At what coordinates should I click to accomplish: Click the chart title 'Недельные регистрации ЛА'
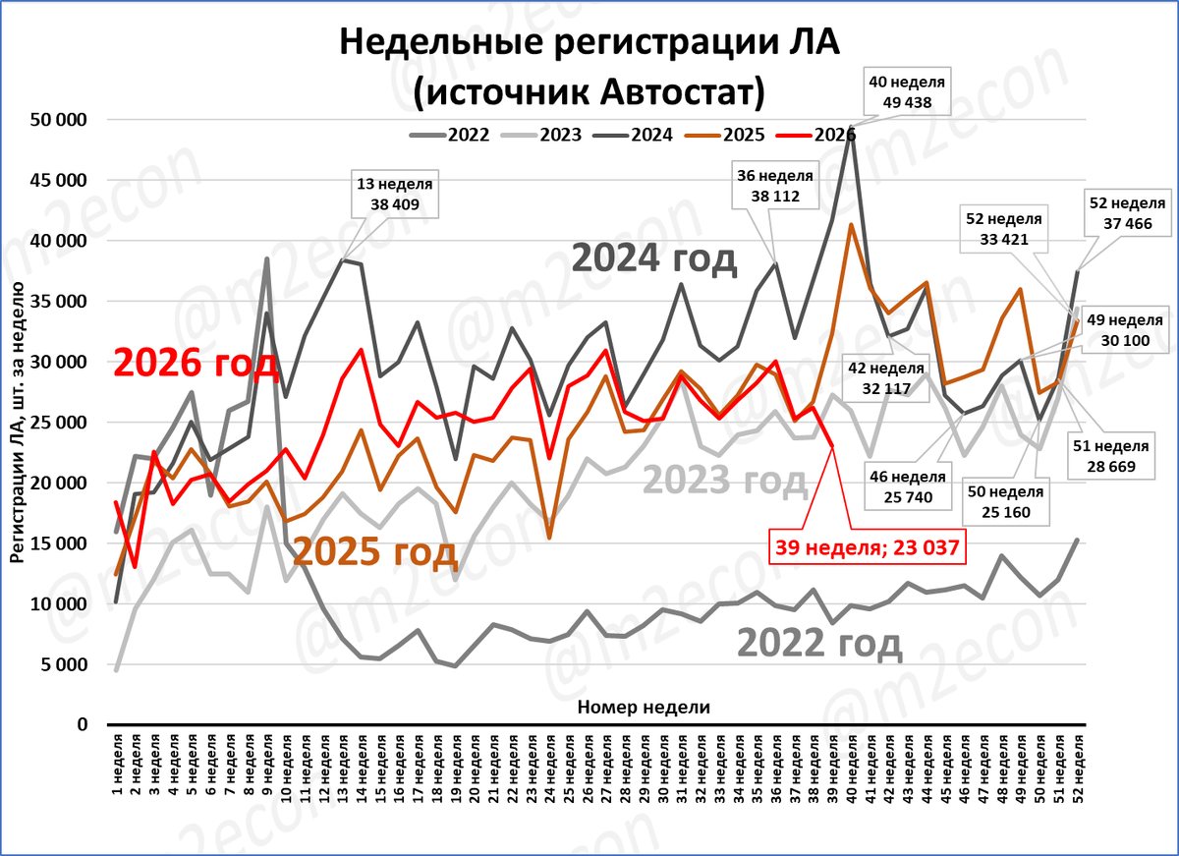pyautogui.click(x=589, y=42)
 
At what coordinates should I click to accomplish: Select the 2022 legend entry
pyautogui.click(x=449, y=136)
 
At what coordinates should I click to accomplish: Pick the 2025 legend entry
pyautogui.click(x=724, y=136)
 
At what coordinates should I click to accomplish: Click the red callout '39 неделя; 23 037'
pyautogui.click(x=868, y=547)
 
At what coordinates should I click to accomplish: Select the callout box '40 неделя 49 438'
pyautogui.click(x=907, y=92)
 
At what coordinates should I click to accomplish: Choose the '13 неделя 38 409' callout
pyautogui.click(x=395, y=195)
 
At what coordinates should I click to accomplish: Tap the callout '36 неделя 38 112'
pyautogui.click(x=775, y=186)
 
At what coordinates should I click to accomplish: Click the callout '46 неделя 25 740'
pyautogui.click(x=908, y=486)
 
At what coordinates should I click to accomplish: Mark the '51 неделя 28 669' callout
pyautogui.click(x=1111, y=456)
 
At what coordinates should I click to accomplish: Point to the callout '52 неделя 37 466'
pyautogui.click(x=1128, y=213)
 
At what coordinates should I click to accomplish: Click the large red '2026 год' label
pyautogui.click(x=196, y=364)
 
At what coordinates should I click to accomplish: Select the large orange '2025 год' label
pyautogui.click(x=374, y=552)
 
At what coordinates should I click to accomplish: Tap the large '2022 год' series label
pyautogui.click(x=819, y=644)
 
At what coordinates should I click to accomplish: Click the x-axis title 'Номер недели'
pyautogui.click(x=644, y=707)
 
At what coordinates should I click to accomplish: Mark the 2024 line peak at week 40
pyautogui.click(x=851, y=127)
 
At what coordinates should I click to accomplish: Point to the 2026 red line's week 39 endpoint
pyautogui.click(x=832, y=446)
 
